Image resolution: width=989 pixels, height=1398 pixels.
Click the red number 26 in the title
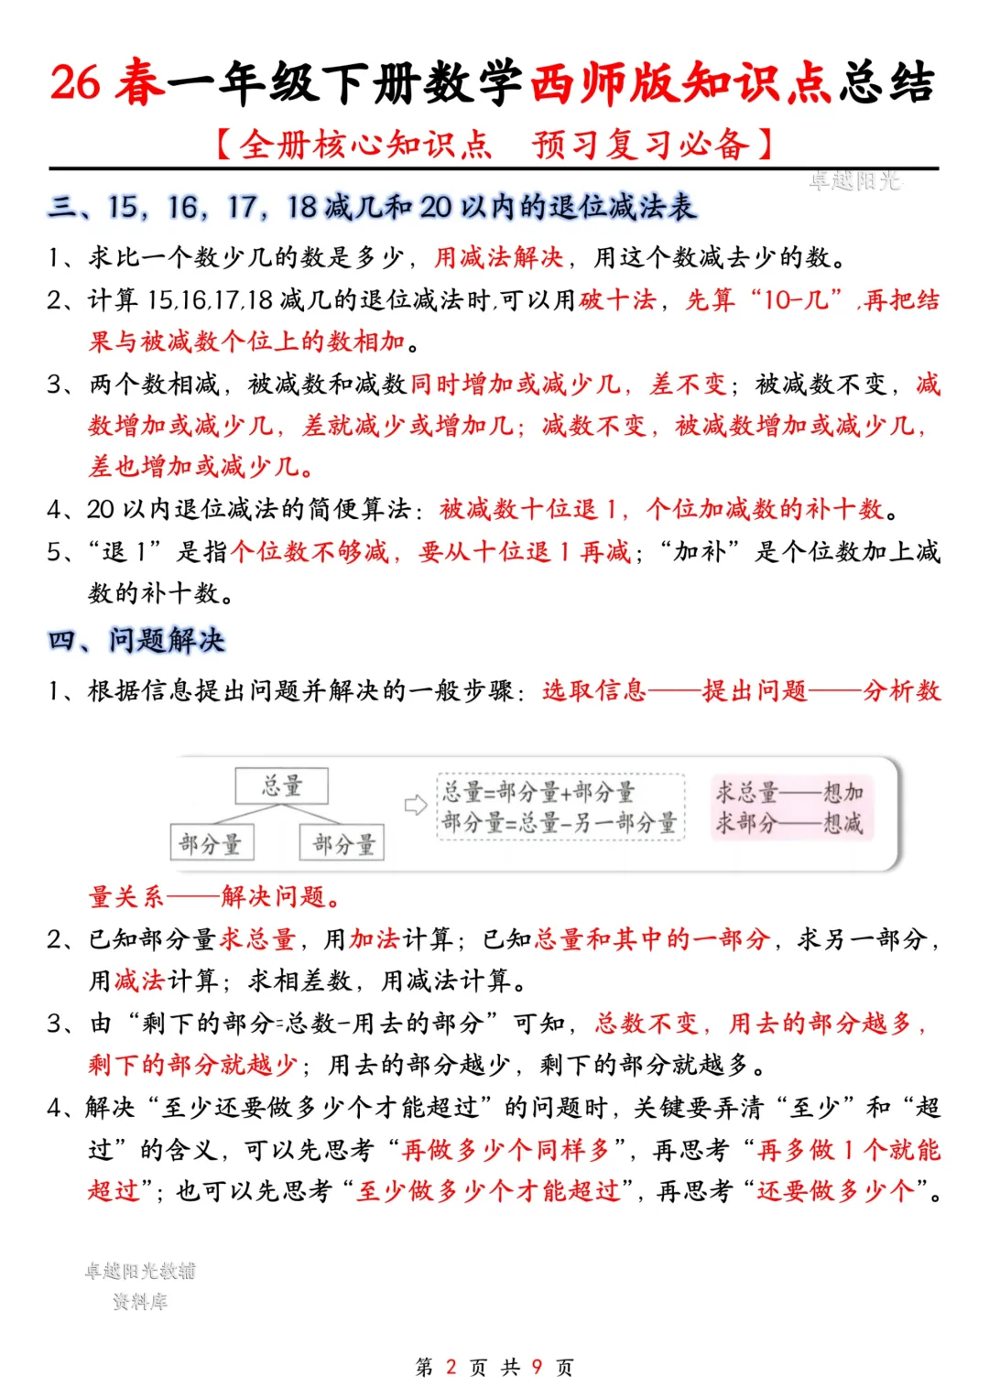click(75, 82)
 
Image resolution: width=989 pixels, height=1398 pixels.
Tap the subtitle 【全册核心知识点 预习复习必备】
click(494, 145)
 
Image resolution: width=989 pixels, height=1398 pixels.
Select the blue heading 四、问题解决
click(136, 640)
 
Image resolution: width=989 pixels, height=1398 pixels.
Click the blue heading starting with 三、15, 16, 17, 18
click(372, 208)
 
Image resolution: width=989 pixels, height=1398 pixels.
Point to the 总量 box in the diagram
click(281, 786)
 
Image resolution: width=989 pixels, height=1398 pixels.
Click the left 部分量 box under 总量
click(212, 843)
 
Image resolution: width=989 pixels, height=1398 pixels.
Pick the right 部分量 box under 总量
click(342, 843)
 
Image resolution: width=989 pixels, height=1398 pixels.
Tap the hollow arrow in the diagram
click(416, 805)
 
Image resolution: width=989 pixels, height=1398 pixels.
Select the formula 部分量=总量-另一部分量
click(559, 822)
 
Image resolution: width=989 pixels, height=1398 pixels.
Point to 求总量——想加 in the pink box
click(789, 791)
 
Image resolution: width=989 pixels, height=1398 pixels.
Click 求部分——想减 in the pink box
click(789, 822)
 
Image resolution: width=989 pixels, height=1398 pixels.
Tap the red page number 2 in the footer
click(451, 1367)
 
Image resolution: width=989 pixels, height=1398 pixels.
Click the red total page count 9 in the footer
click(537, 1367)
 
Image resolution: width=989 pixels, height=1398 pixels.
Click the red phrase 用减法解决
click(498, 257)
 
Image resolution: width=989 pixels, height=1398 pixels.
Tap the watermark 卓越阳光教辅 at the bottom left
click(140, 1271)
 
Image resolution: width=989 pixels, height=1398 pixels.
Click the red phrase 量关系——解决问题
click(215, 896)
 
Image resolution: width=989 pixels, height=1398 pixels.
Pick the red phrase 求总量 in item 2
click(257, 939)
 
